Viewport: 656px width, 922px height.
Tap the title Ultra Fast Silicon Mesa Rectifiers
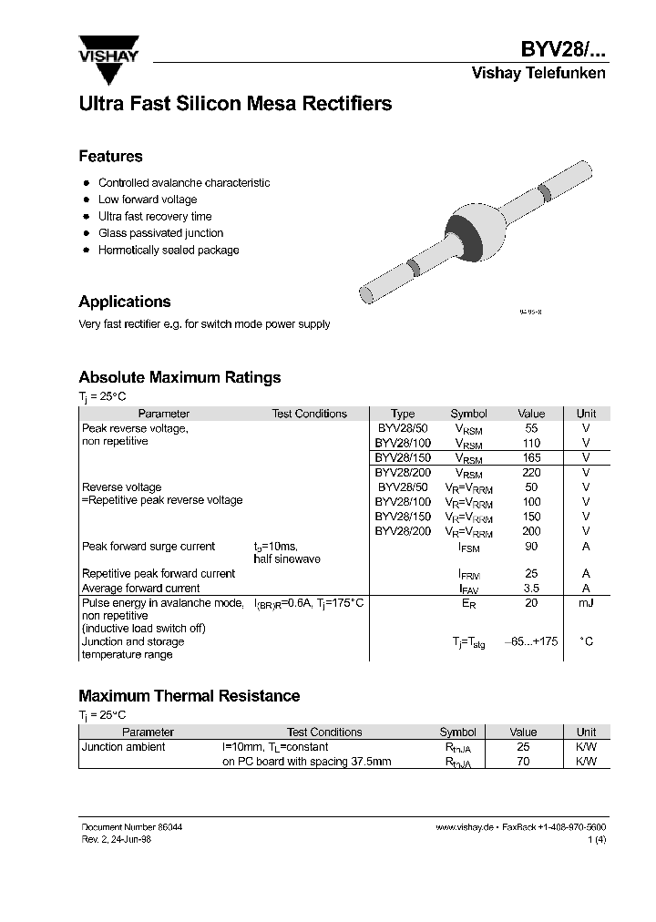[x=235, y=104]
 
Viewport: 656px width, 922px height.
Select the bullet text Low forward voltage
[x=148, y=200]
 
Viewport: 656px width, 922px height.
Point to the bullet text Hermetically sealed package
[x=169, y=250]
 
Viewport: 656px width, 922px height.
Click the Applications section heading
[x=125, y=302]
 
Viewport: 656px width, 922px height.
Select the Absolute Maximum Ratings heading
[x=179, y=377]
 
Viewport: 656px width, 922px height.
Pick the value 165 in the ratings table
[x=531, y=457]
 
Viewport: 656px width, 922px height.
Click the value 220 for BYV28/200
[x=531, y=473]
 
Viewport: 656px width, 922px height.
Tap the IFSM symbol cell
[x=469, y=547]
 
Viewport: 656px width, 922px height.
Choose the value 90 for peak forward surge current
[x=531, y=547]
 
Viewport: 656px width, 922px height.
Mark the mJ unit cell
[x=586, y=603]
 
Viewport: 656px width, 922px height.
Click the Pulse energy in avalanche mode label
[x=163, y=603]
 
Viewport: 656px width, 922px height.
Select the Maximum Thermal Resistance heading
[x=190, y=696]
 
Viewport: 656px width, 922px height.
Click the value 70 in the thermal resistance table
[x=523, y=762]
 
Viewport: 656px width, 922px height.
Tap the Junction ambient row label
[x=124, y=747]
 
